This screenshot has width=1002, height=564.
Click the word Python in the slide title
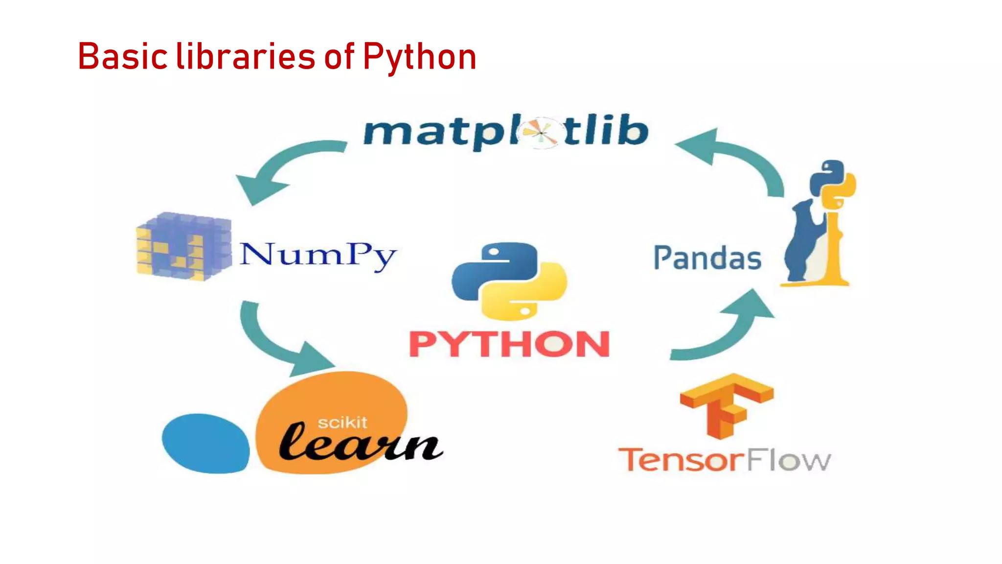coord(419,57)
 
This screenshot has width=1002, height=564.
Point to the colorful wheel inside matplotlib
coord(540,132)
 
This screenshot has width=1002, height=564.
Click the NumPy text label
coord(318,256)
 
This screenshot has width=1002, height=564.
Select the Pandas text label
coord(707,258)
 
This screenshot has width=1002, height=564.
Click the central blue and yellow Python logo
coord(509,281)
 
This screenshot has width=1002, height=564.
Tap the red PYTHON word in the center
coord(509,344)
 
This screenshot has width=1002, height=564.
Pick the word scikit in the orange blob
coord(342,422)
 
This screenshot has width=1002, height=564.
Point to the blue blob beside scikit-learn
coord(205,443)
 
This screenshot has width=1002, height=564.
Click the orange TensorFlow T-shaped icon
coord(726,404)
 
